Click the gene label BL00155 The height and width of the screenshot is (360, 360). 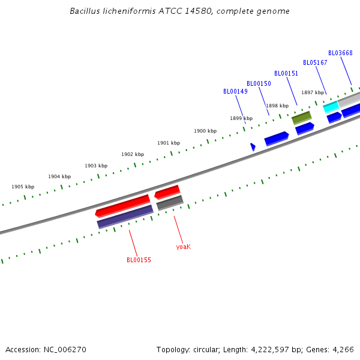click(139, 260)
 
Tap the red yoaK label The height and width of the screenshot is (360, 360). click(183, 247)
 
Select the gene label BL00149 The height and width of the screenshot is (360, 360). click(235, 92)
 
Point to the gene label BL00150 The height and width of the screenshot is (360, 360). click(259, 83)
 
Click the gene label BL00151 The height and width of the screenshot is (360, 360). click(286, 73)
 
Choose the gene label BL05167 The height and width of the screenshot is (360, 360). click(315, 62)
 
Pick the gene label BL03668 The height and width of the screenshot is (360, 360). click(340, 53)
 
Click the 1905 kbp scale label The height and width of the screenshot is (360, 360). click(23, 187)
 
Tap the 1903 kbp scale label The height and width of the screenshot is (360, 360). click(96, 166)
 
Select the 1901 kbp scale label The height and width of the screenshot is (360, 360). click(169, 143)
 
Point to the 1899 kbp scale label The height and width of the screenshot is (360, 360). click(241, 118)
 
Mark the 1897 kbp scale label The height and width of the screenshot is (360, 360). click(313, 92)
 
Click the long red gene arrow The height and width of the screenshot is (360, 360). click(122, 205)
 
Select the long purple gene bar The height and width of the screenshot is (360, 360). click(125, 217)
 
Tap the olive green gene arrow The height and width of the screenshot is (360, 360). click(302, 117)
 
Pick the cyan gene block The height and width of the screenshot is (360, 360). click(331, 107)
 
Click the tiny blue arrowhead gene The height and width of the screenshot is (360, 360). click(253, 146)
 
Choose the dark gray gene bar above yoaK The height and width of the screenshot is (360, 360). click(170, 203)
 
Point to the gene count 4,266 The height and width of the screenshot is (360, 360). click(343, 349)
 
